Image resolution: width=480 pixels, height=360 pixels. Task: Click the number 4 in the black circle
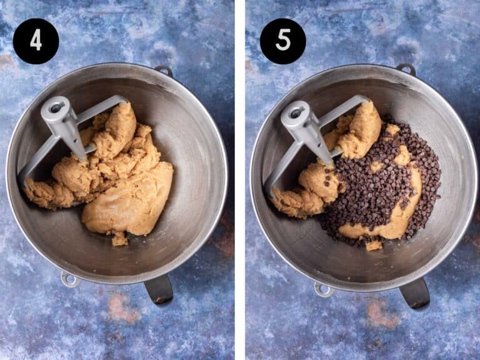[36, 41]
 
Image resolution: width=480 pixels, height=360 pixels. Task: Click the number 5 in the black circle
[283, 41]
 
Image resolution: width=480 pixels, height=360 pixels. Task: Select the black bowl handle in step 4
[159, 289]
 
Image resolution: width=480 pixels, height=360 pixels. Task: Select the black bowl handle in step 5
[415, 293]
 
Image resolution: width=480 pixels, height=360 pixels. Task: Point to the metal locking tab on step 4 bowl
[69, 279]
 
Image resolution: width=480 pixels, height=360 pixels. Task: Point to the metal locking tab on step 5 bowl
[324, 289]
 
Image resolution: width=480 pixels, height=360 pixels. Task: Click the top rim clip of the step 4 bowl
[164, 71]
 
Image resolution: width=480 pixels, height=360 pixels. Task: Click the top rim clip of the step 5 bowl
[406, 69]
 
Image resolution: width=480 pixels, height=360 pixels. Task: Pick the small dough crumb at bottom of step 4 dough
[119, 239]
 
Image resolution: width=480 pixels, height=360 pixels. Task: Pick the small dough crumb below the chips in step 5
[374, 245]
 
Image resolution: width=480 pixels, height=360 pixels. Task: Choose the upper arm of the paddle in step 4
[101, 107]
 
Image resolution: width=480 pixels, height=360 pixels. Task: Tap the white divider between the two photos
[240, 180]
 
